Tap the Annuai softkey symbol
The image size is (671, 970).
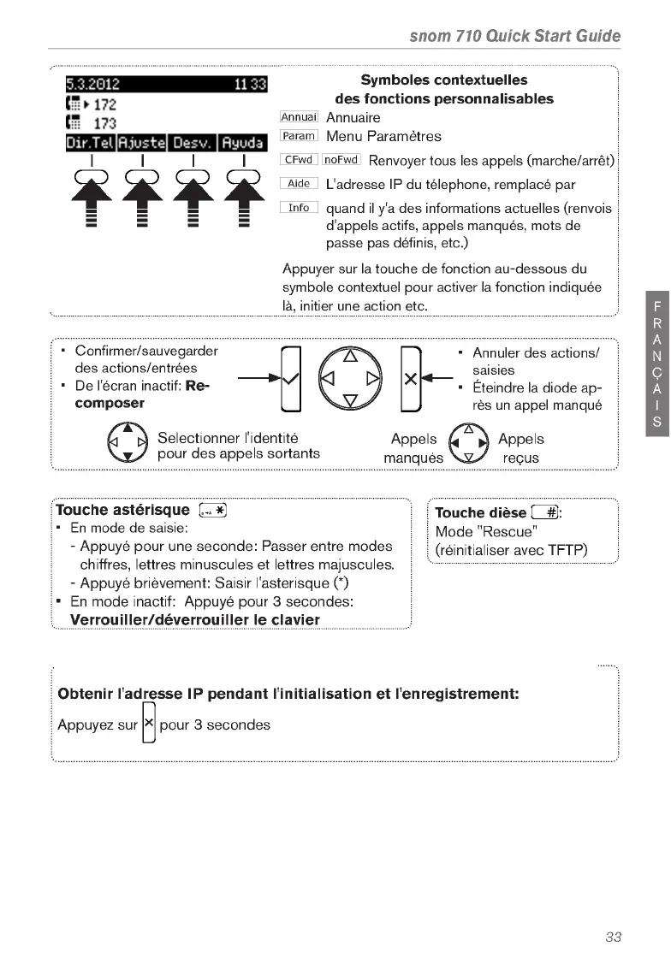pyautogui.click(x=299, y=117)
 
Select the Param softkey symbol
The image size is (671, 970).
pyautogui.click(x=299, y=136)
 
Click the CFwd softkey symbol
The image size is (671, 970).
pyautogui.click(x=299, y=160)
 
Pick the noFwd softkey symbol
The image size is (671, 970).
pyautogui.click(x=341, y=160)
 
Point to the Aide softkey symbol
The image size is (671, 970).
pyautogui.click(x=299, y=184)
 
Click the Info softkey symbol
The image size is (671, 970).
pyautogui.click(x=299, y=208)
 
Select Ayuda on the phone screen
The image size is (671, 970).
pyautogui.click(x=243, y=143)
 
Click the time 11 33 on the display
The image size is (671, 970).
pyautogui.click(x=251, y=84)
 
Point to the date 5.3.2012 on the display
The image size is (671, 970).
pyautogui.click(x=93, y=84)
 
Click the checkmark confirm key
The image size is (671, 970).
pyautogui.click(x=291, y=377)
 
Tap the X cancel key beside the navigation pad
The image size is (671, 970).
pyautogui.click(x=410, y=377)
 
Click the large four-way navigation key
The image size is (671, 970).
pyautogui.click(x=350, y=377)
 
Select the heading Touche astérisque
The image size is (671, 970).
pyautogui.click(x=122, y=511)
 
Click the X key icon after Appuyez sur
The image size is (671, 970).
pyautogui.click(x=148, y=725)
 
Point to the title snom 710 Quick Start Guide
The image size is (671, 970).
pyautogui.click(x=515, y=36)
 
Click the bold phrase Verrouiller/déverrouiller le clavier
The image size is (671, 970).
pyautogui.click(x=195, y=619)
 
